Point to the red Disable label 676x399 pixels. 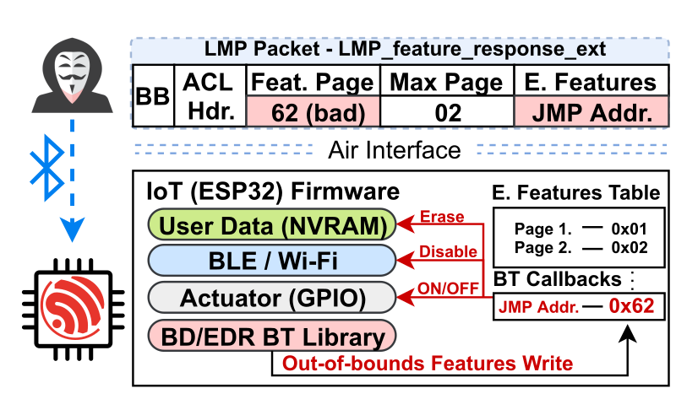[x=447, y=252]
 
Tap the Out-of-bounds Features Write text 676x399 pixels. [x=428, y=364]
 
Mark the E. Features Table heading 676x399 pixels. [x=577, y=192]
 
